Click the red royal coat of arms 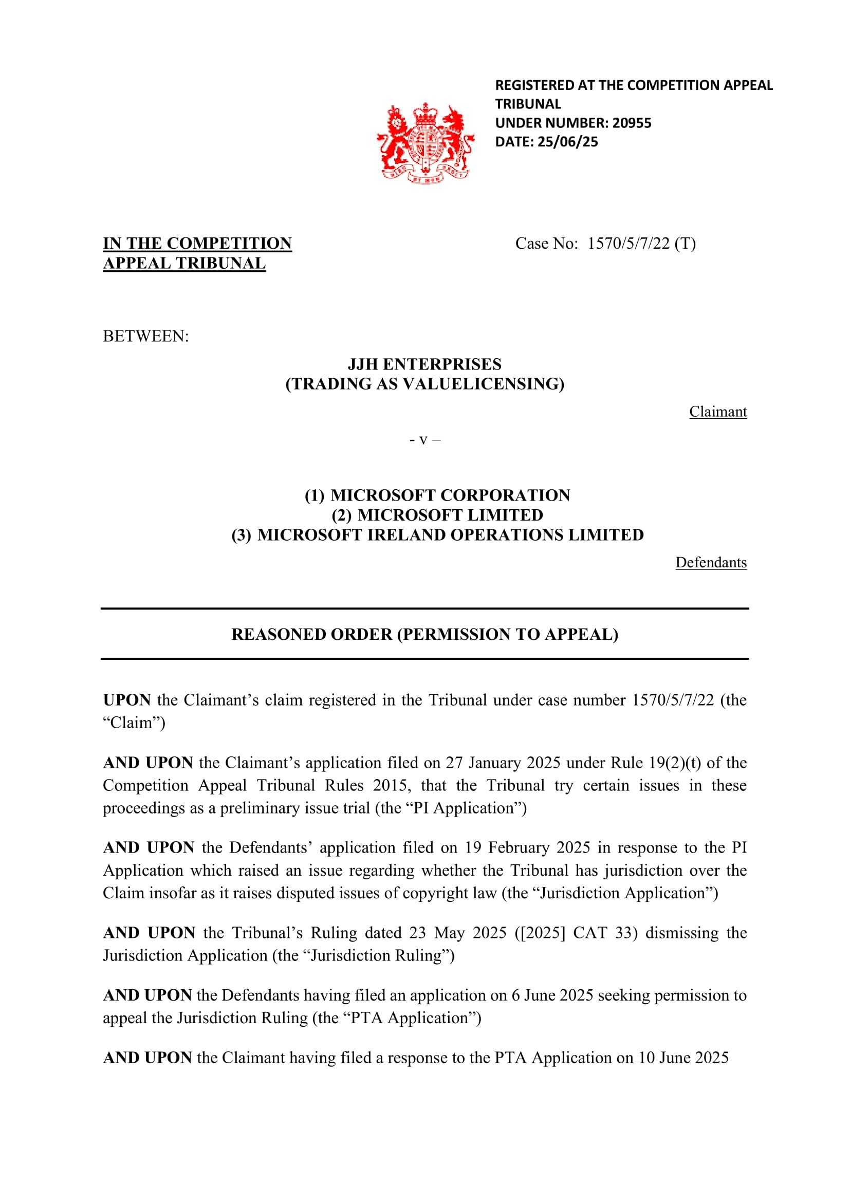(x=425, y=143)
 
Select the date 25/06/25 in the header (x=567, y=142)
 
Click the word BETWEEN (x=145, y=336)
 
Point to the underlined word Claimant (x=717, y=412)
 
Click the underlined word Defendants (x=711, y=562)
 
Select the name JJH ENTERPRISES (x=424, y=364)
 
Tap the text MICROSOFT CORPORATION (x=450, y=495)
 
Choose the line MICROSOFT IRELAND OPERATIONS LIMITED (x=450, y=535)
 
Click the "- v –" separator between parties (x=424, y=440)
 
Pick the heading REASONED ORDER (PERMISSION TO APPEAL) (x=424, y=634)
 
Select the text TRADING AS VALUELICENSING (x=424, y=384)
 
